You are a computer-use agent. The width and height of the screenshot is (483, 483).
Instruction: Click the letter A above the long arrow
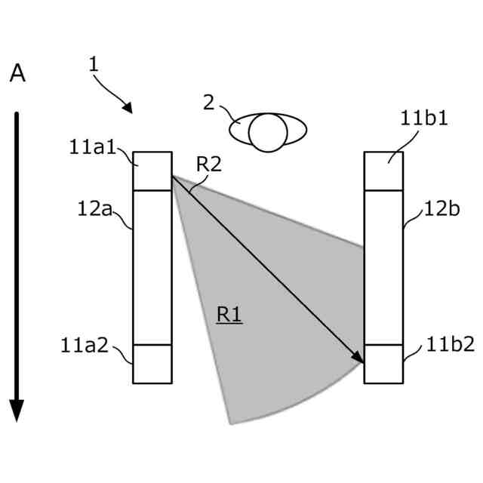point(17,74)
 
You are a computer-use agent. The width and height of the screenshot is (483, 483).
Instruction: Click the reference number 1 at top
point(94,64)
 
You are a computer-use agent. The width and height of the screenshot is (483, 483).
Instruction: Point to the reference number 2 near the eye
point(209,102)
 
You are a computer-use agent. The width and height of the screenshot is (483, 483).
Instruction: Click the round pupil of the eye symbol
point(268,133)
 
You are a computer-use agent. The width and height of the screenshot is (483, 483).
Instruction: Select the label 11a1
point(92,147)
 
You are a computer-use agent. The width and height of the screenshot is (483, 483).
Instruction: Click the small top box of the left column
point(152,171)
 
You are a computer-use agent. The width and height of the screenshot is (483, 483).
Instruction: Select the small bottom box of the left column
point(152,364)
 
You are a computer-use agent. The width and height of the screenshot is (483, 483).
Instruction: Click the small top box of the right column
point(383,171)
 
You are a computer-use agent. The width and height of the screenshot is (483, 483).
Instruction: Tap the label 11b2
point(451,345)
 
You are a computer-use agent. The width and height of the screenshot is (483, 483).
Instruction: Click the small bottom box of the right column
point(383,364)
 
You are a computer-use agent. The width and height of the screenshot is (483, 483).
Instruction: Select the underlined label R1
point(229,315)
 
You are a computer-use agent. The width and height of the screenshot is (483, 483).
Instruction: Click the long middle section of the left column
point(152,267)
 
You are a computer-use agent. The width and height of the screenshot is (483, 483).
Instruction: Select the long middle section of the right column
point(383,267)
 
